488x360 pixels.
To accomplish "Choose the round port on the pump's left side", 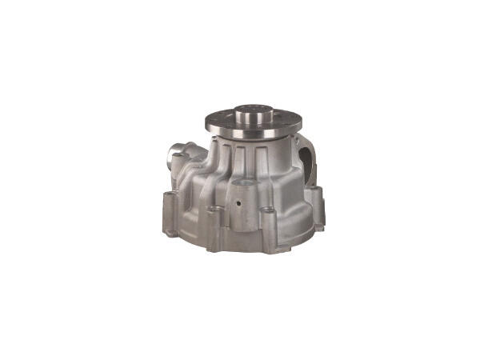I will (x=178, y=152).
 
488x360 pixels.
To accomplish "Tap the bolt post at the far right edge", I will (x=318, y=200).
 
